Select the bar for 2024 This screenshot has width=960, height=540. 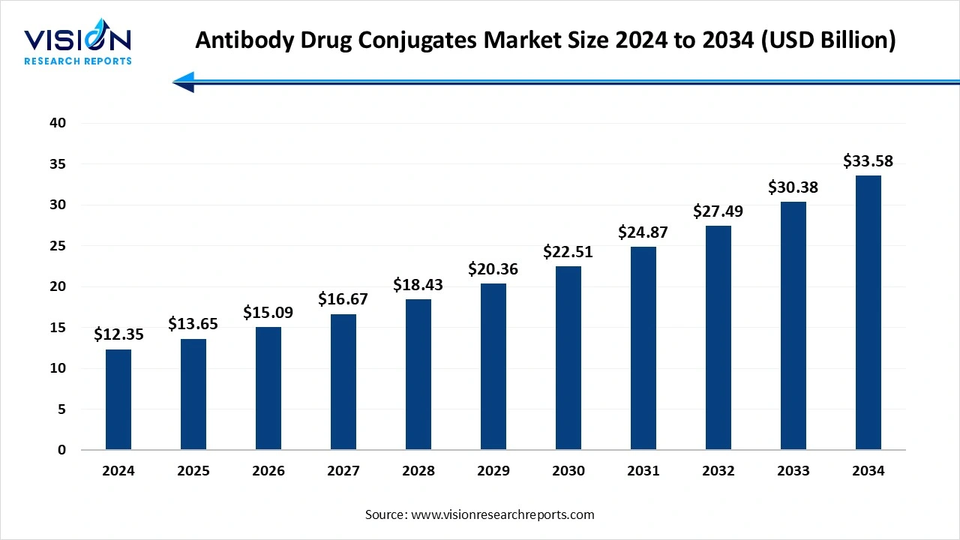tap(118, 400)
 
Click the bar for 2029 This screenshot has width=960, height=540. tap(493, 367)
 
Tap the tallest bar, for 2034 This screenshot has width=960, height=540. tap(868, 313)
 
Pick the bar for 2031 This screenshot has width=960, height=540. tap(643, 348)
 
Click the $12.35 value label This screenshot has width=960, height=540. tap(118, 334)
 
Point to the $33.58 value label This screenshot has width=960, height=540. tap(868, 161)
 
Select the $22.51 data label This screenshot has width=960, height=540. tap(568, 252)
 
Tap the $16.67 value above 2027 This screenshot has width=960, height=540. tap(343, 299)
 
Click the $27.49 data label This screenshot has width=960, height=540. tap(718, 211)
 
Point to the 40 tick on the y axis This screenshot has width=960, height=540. tap(58, 123)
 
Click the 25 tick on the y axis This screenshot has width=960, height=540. tap(58, 246)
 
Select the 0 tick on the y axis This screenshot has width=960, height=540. tap(62, 450)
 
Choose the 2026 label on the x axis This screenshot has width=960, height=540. tap(268, 471)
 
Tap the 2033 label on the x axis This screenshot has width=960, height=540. tap(793, 471)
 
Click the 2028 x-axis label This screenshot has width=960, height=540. tap(418, 471)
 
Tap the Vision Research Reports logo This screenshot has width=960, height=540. tap(78, 46)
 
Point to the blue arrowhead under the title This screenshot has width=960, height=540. tap(184, 82)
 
